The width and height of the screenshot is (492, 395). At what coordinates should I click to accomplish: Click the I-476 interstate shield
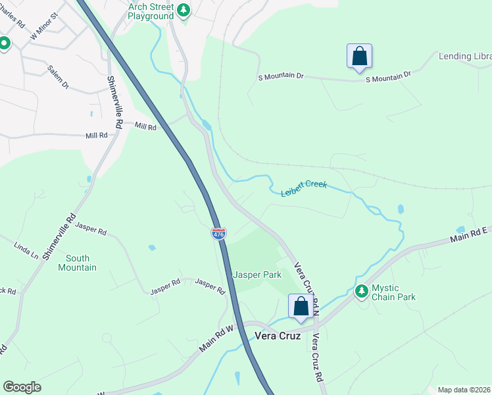(219, 234)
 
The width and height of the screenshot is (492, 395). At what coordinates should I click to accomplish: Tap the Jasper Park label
(257, 275)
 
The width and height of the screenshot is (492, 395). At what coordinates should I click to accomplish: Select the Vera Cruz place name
(278, 336)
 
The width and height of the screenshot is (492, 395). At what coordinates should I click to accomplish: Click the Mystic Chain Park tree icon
(361, 290)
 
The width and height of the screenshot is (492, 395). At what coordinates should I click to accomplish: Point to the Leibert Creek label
(304, 189)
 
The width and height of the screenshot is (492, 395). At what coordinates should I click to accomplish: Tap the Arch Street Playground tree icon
(184, 11)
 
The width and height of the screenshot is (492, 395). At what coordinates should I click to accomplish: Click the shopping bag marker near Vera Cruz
(301, 307)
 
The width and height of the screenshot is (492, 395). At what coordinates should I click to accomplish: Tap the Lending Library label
(465, 57)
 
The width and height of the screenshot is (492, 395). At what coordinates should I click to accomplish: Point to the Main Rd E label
(469, 233)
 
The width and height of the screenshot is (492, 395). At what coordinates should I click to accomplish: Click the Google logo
(22, 387)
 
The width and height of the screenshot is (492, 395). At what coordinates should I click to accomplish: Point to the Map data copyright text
(463, 390)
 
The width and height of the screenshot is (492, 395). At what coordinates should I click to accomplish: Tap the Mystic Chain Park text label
(393, 292)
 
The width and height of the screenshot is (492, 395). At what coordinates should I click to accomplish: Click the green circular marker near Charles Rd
(4, 43)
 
